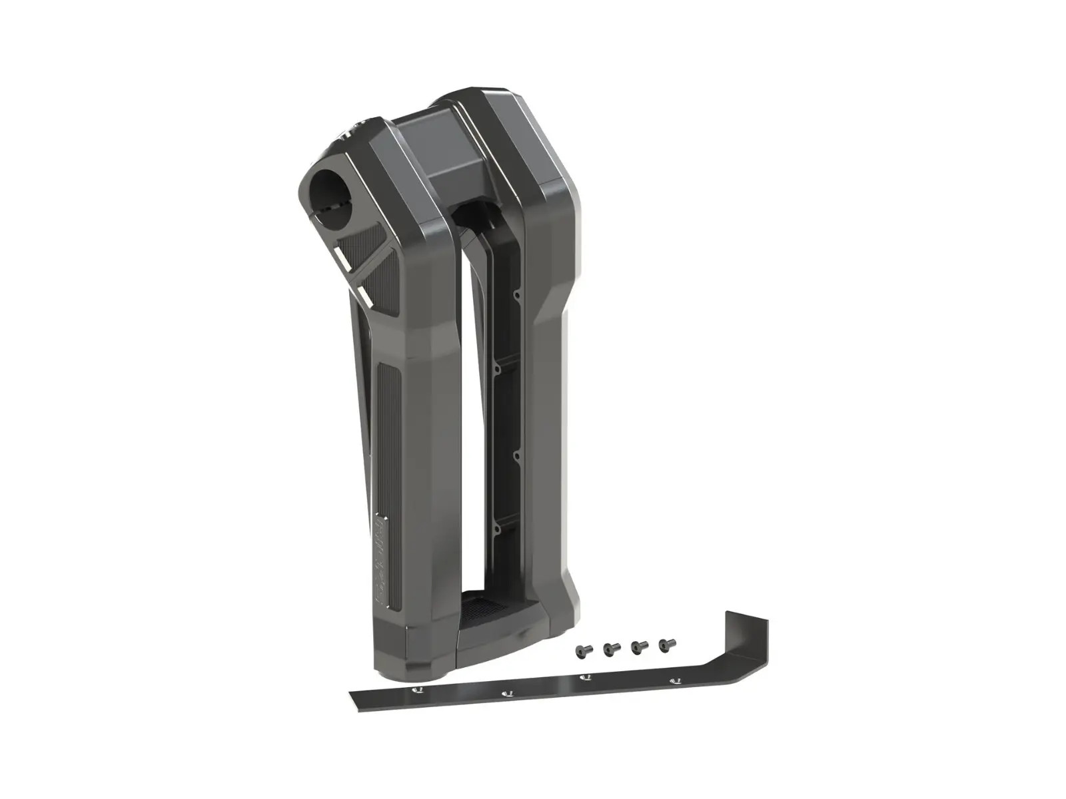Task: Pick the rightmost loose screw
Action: click(664, 645)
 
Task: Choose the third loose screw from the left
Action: click(637, 646)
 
